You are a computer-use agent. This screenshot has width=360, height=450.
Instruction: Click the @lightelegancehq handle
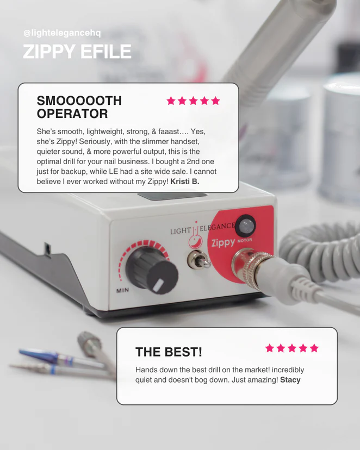click(x=62, y=33)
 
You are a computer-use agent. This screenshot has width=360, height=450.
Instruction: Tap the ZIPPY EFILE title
click(x=77, y=52)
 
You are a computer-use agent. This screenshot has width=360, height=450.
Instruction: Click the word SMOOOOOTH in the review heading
click(x=79, y=101)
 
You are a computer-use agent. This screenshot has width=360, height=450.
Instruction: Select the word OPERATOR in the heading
click(x=72, y=114)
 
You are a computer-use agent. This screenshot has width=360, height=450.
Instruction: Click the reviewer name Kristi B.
click(x=184, y=182)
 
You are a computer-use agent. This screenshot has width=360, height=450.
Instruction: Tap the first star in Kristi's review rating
click(x=171, y=101)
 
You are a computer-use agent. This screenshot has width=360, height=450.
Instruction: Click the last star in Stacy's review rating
click(x=314, y=348)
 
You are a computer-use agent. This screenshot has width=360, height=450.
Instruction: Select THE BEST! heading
click(x=169, y=352)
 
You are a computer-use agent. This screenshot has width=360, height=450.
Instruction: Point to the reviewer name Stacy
click(x=290, y=380)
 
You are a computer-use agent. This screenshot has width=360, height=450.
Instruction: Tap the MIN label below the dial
click(x=122, y=290)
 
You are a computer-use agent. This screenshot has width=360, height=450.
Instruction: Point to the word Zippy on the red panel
click(x=223, y=243)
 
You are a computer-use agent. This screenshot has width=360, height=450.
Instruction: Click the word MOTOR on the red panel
click(x=245, y=240)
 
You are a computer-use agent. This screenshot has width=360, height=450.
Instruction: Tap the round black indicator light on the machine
click(x=245, y=226)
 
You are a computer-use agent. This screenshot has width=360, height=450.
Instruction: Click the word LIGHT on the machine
click(x=181, y=231)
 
